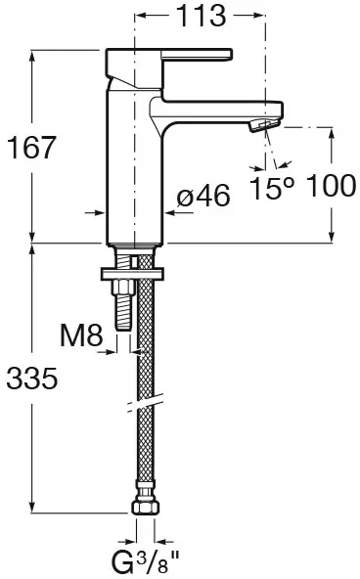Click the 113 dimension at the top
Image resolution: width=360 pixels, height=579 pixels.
click(202, 16)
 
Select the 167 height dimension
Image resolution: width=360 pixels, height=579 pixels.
click(31, 148)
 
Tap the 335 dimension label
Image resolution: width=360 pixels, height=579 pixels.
click(32, 379)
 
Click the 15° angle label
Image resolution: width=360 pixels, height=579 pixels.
click(273, 188)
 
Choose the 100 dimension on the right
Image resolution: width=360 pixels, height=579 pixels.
click(332, 186)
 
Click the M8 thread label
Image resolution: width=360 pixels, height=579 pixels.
click(81, 335)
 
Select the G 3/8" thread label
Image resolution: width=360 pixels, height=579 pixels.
click(146, 561)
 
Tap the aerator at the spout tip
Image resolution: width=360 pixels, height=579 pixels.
click(264, 125)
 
